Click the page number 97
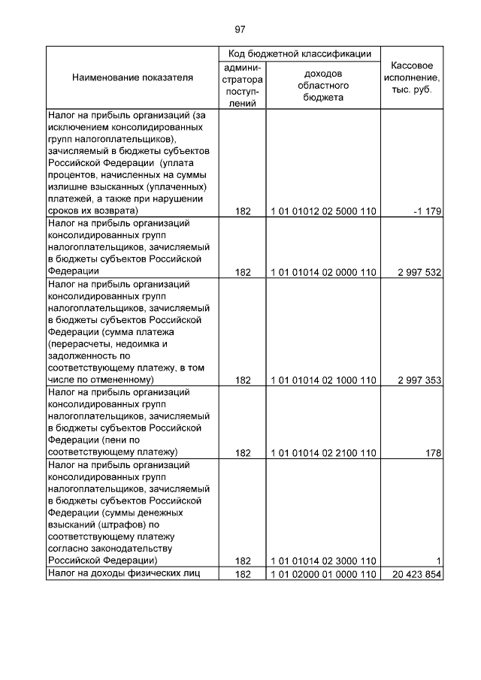[x=240, y=30]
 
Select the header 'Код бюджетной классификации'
[x=300, y=53]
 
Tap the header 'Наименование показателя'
[x=132, y=77]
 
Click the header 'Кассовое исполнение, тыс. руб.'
[x=411, y=77]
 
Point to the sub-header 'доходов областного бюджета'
[x=323, y=86]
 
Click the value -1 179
[x=426, y=211]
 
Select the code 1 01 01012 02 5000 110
[x=323, y=211]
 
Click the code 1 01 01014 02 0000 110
[x=323, y=272]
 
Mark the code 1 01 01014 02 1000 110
[x=323, y=380]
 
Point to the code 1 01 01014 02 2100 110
[x=323, y=453]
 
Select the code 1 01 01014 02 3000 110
[x=323, y=561]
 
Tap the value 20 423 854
[x=416, y=574]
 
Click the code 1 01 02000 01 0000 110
[x=323, y=574]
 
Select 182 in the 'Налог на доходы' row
[x=242, y=574]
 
